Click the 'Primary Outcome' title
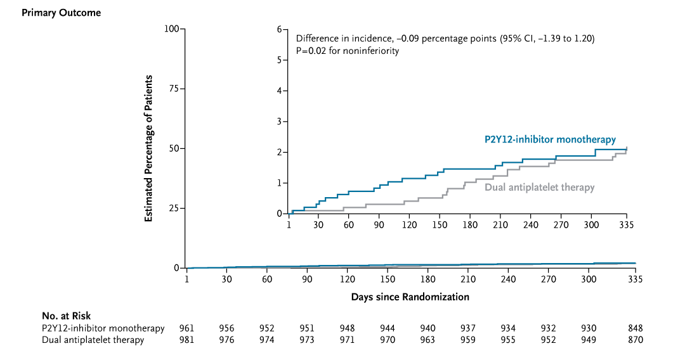point(61,13)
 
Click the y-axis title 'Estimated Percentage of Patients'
point(148,148)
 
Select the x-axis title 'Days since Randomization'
point(410,297)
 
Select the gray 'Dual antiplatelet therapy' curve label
point(540,187)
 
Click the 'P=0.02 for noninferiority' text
point(347,51)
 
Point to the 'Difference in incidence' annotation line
point(445,39)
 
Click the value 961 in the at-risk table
point(186,328)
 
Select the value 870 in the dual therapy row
point(636,340)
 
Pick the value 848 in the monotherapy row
point(636,328)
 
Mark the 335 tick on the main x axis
point(636,279)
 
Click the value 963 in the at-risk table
point(427,340)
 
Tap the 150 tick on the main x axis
point(388,279)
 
